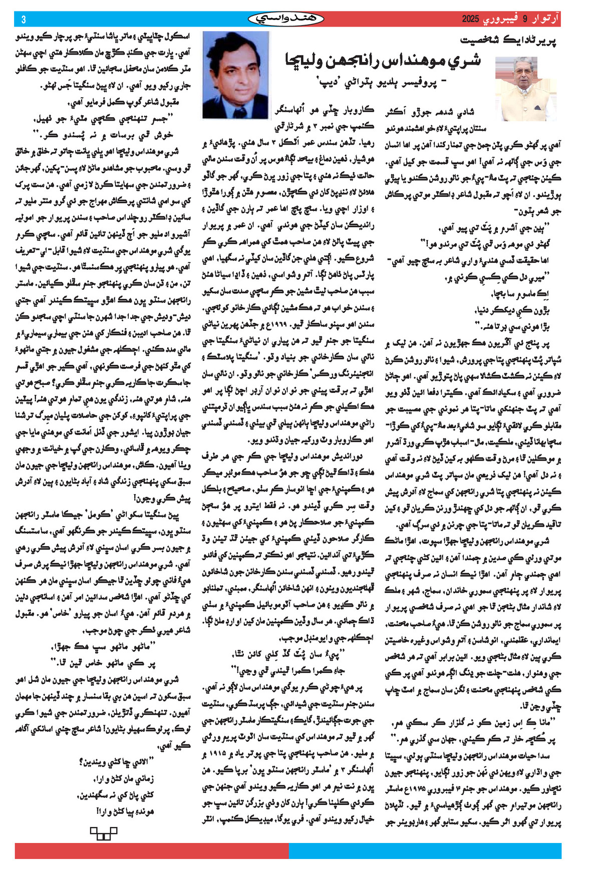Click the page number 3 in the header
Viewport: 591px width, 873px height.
[24, 19]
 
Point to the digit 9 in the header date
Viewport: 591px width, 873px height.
[525, 19]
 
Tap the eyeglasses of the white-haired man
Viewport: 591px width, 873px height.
[524, 70]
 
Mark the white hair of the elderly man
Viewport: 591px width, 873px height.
[524, 62]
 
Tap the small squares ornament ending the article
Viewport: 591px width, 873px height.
[103, 833]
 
